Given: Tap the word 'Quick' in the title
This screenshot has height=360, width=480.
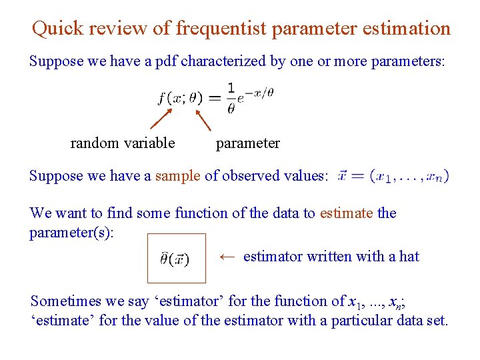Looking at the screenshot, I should (58, 29).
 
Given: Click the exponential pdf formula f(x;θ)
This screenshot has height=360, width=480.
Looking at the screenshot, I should (215, 98).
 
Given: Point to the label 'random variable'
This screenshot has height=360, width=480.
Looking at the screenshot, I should (123, 143).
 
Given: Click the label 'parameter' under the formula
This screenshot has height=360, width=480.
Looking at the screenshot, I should (248, 143).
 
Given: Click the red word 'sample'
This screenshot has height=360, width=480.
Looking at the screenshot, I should (177, 176).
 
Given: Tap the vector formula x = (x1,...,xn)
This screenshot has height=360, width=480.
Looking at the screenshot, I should (393, 177).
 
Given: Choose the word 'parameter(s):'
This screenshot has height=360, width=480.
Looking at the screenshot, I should (72, 232).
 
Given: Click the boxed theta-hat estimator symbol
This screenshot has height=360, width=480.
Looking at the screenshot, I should (176, 258).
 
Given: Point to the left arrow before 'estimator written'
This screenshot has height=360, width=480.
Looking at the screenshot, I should (227, 256).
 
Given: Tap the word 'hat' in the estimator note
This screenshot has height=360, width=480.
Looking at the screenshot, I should (409, 256).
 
